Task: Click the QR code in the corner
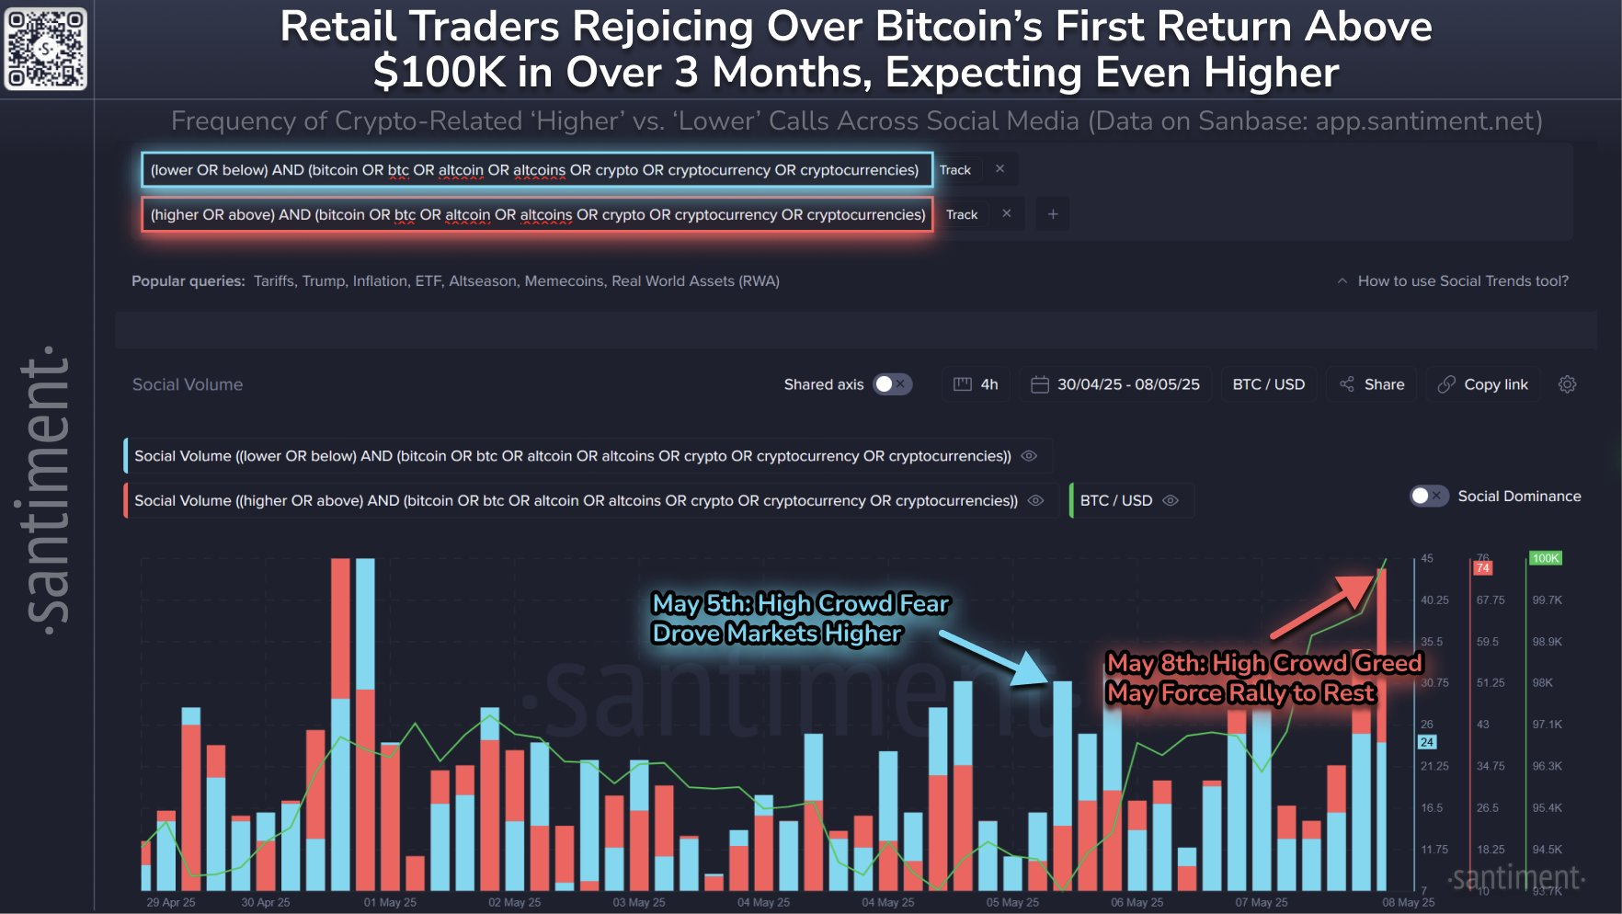point(45,49)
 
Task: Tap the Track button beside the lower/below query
point(955,170)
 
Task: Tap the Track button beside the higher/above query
point(962,214)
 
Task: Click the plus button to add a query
point(1053,214)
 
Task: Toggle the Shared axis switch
point(892,384)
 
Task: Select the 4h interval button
point(977,384)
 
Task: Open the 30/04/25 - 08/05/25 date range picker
point(1115,384)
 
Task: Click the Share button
point(1372,384)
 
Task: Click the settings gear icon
point(1568,384)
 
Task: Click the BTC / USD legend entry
point(1116,501)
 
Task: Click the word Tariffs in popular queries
point(274,281)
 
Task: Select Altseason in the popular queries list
point(482,281)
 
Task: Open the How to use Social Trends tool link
point(1462,281)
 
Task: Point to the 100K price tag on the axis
point(1546,558)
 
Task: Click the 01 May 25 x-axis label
point(390,902)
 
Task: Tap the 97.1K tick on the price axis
point(1547,725)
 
